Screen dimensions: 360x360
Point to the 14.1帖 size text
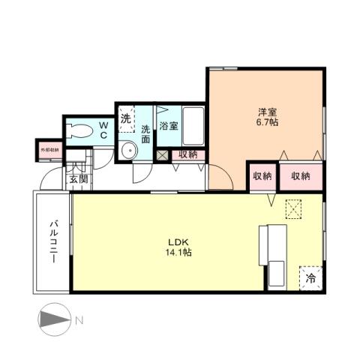[178, 253]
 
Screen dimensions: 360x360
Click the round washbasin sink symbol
[127, 151]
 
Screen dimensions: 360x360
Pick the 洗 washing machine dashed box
[126, 118]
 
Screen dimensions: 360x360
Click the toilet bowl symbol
[77, 130]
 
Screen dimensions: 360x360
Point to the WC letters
[103, 130]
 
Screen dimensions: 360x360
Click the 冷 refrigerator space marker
[310, 278]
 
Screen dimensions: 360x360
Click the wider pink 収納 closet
[301, 176]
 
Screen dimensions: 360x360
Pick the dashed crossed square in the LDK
[292, 209]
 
